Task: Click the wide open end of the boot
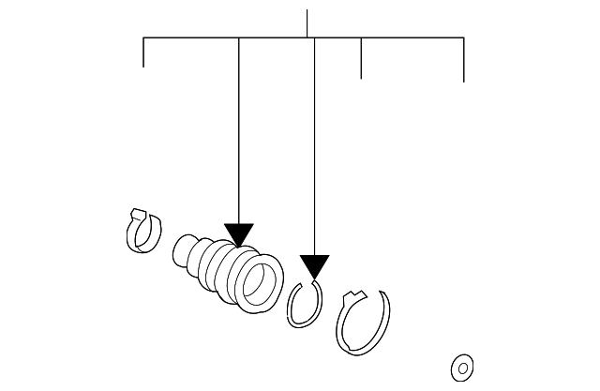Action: tap(258, 282)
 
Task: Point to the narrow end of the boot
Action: tap(184, 250)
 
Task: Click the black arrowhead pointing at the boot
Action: tap(239, 235)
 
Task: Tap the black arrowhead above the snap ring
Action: tap(314, 266)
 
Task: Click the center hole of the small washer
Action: tap(461, 366)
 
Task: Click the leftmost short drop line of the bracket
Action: tap(143, 53)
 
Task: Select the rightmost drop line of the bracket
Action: tap(464, 60)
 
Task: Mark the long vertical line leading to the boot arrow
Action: tap(239, 131)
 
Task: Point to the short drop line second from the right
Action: tap(361, 58)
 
